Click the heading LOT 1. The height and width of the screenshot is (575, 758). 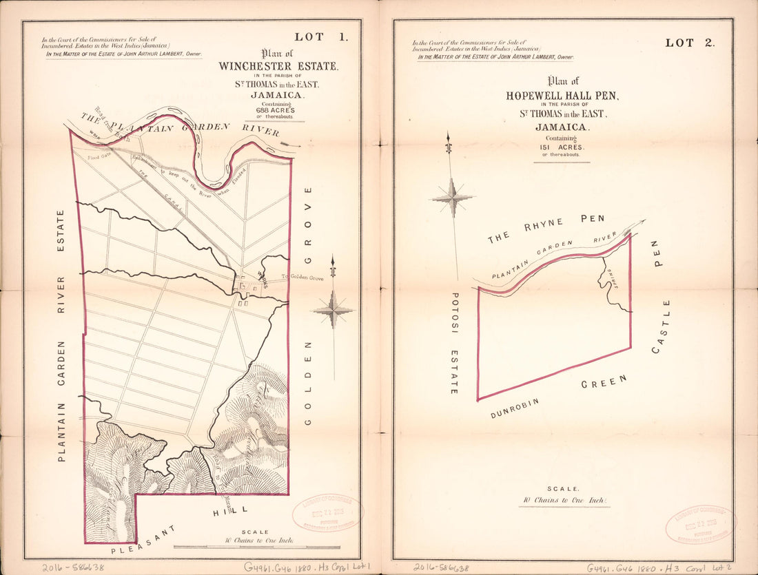click(x=320, y=37)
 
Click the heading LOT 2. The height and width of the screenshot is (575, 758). click(x=690, y=43)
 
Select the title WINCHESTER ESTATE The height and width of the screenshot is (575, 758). click(x=278, y=67)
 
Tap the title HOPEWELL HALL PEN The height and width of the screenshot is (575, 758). click(x=559, y=96)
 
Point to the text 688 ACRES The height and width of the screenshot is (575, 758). click(x=276, y=110)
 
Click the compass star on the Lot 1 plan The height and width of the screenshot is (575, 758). click(x=333, y=310)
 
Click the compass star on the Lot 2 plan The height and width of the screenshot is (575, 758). click(x=452, y=198)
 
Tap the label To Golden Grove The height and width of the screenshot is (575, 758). click(x=301, y=277)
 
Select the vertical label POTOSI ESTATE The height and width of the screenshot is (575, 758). click(x=454, y=342)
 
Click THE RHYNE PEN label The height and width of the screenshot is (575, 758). click(x=546, y=229)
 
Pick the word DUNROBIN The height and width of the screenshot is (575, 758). click(x=513, y=408)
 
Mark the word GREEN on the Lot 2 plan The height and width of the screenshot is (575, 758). click(x=604, y=382)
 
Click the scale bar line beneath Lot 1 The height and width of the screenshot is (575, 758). click(x=256, y=547)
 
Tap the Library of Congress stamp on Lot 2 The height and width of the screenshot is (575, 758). click(x=699, y=524)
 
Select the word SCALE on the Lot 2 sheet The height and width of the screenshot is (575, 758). click(x=564, y=488)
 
